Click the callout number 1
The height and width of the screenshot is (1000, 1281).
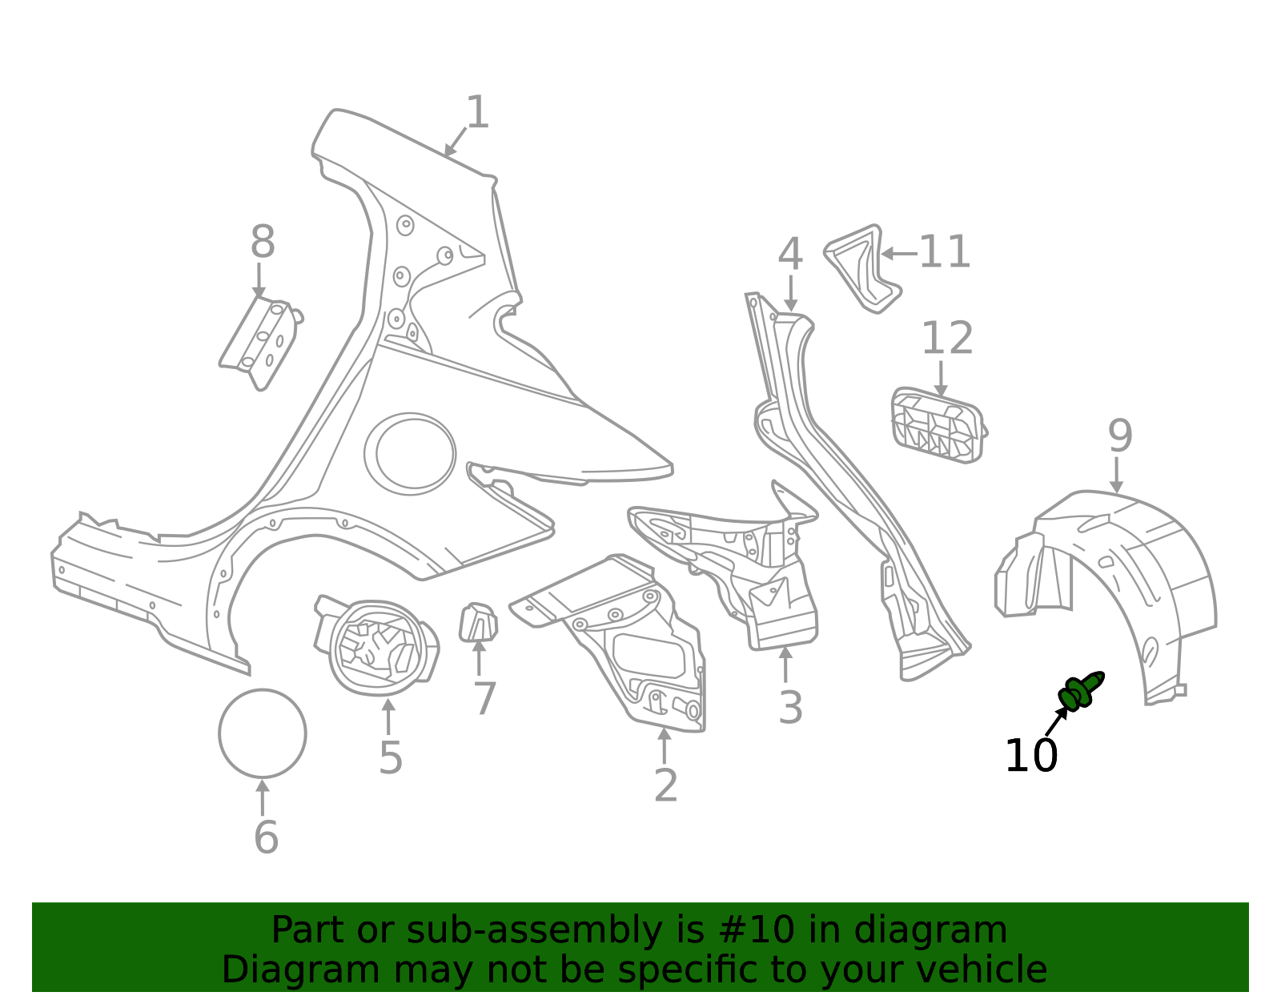[477, 113]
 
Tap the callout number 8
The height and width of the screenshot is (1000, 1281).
[263, 242]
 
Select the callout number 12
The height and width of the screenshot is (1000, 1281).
[947, 339]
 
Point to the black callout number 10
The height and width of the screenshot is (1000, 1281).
[1030, 757]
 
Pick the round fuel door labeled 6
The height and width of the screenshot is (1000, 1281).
[263, 733]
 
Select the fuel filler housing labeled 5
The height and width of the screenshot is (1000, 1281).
[377, 648]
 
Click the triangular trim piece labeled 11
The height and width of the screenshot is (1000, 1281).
[863, 268]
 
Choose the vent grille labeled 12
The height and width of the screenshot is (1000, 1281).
[937, 426]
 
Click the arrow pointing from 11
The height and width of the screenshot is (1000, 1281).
[898, 254]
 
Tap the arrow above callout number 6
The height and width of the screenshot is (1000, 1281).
[263, 797]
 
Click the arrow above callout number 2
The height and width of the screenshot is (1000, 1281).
[664, 745]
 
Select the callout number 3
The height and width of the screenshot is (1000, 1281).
[790, 709]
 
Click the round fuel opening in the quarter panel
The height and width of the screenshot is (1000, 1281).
[410, 452]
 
